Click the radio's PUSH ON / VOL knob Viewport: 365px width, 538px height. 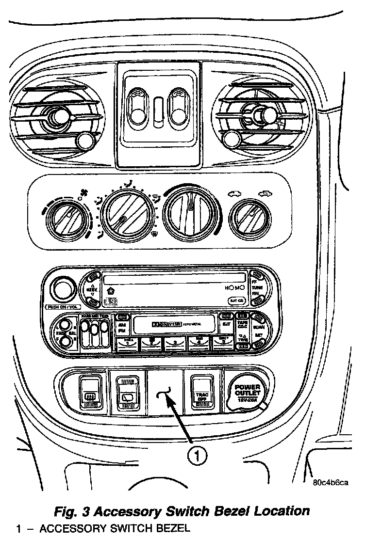click(x=62, y=289)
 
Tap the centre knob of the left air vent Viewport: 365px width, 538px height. click(x=57, y=116)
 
